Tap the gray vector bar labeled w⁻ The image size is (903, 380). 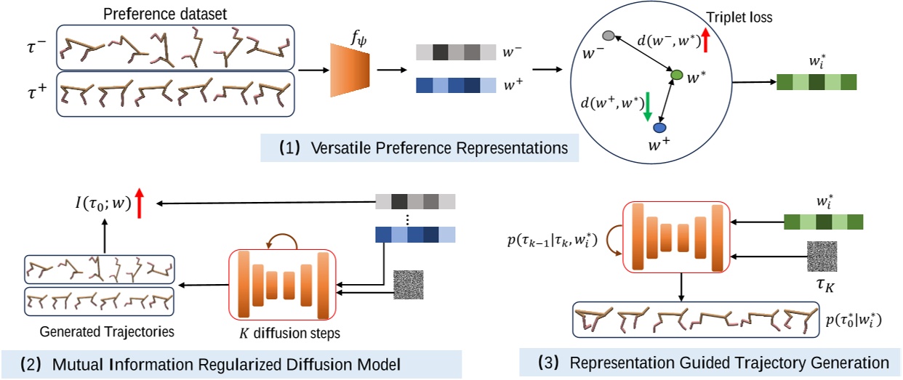click(x=456, y=53)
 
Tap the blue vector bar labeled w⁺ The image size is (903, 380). click(x=456, y=86)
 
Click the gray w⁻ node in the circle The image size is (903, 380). click(x=609, y=36)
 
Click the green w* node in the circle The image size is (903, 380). click(x=676, y=75)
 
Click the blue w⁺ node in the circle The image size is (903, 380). click(x=659, y=128)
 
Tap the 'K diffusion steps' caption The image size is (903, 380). click(x=278, y=333)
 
